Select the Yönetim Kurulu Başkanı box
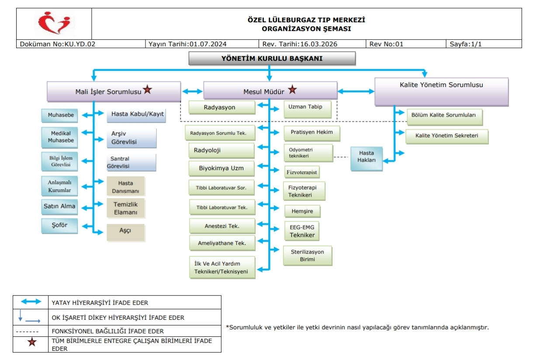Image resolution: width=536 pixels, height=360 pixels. tap(272, 58)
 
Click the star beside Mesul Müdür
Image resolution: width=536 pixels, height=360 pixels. tap(292, 90)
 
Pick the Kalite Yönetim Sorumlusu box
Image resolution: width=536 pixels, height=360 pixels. tap(442, 92)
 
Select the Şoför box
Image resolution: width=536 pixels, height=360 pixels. tap(60, 226)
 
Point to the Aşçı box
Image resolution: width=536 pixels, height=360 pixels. tap(125, 232)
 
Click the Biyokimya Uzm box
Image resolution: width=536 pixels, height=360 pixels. tap(221, 168)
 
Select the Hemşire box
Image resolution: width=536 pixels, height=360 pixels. tap(302, 211)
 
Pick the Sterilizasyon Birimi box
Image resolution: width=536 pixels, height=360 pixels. tap(308, 256)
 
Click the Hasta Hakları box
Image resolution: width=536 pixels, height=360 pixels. tap(366, 157)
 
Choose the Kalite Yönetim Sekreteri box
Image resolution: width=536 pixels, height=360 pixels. tap(446, 136)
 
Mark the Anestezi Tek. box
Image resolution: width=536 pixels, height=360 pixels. tap(222, 226)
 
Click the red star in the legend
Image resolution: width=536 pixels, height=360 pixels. tap(31, 342)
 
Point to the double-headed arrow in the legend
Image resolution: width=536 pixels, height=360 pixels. tap(31, 302)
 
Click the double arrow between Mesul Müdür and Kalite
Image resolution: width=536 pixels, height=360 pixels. tap(356, 91)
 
